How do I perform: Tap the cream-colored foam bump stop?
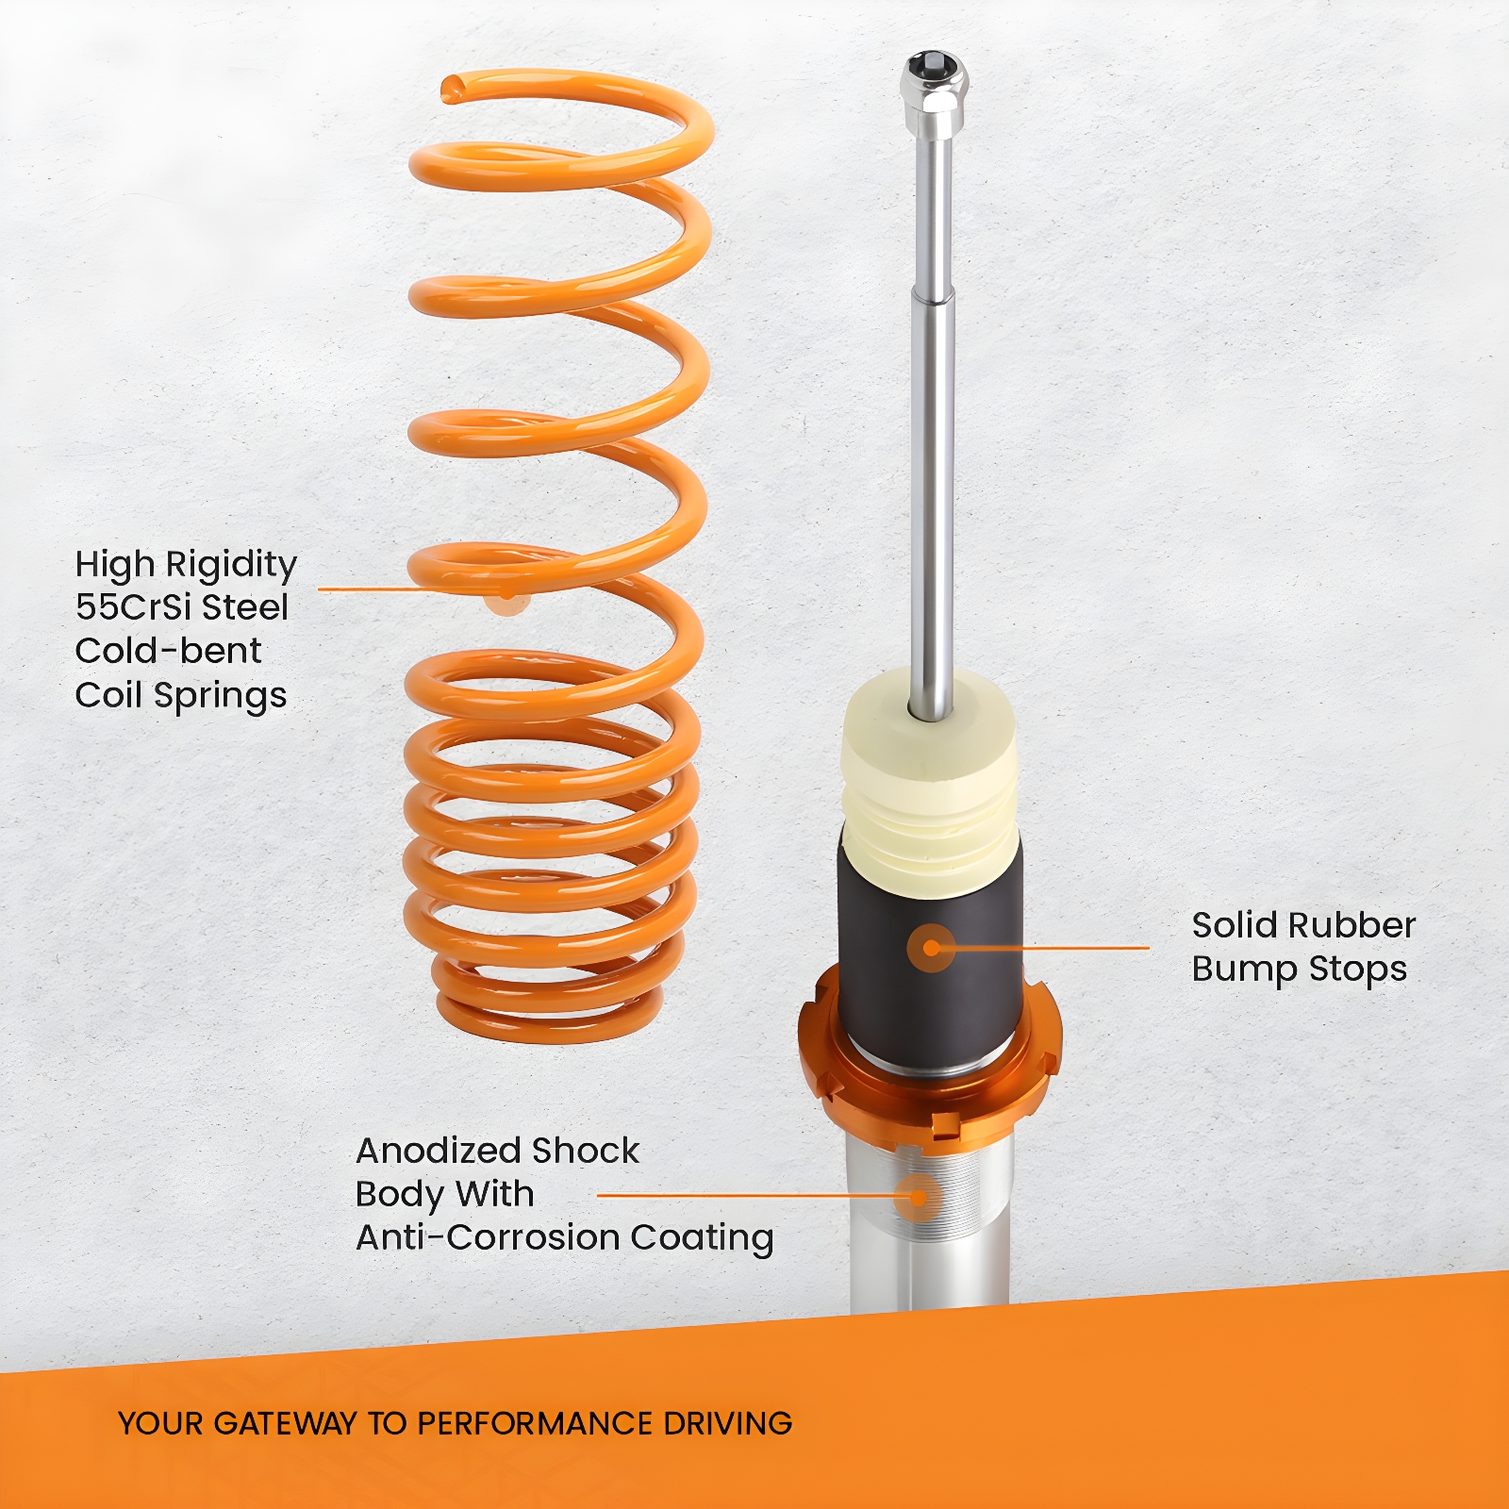pyautogui.click(x=929, y=783)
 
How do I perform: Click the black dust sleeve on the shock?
pyautogui.click(x=930, y=953)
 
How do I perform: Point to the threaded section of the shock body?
pyautogui.click(x=930, y=1193)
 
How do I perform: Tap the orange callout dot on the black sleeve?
pyautogui.click(x=932, y=948)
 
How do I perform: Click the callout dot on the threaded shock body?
pyautogui.click(x=917, y=1198)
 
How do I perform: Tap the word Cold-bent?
pyautogui.click(x=168, y=651)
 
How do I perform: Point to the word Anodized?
pyautogui.click(x=439, y=1151)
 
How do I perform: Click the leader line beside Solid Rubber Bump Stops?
pyautogui.click(x=1052, y=948)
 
